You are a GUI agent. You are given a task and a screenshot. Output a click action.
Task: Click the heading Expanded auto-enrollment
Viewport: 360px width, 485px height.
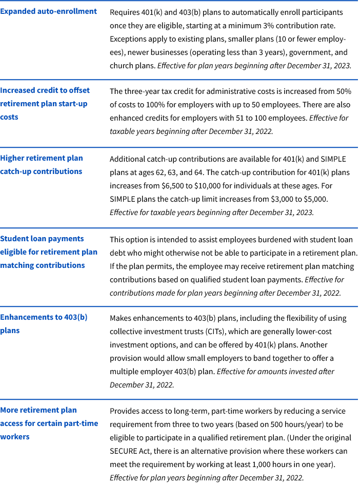pos(48,11)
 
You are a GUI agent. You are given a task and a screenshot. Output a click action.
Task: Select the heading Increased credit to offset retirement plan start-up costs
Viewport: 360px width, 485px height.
pos(45,104)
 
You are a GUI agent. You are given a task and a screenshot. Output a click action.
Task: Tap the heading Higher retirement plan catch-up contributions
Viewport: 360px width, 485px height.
pos(41,165)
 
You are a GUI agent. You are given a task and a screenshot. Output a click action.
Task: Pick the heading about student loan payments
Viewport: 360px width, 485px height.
pos(48,252)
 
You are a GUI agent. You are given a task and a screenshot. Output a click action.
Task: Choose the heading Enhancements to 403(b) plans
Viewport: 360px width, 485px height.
pos(44,324)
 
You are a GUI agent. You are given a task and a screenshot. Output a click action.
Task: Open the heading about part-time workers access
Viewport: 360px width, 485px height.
pos(49,423)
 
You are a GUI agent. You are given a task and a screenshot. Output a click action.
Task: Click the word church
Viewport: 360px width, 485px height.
pos(121,65)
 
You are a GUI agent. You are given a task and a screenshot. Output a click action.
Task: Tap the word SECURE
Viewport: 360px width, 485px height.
pos(124,451)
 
